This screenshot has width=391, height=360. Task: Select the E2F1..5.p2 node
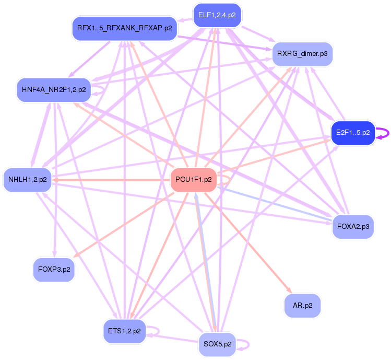tap(353, 133)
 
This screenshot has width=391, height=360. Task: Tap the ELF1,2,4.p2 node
tap(218, 16)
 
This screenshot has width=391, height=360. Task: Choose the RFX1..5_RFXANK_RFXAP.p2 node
tap(124, 28)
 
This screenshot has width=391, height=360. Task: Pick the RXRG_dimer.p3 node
tap(302, 54)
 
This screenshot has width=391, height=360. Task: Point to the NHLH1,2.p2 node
tap(28, 180)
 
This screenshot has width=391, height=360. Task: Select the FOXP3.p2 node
tap(54, 269)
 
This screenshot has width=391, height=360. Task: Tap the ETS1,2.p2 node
tap(124, 331)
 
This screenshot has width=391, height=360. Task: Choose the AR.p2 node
tap(302, 306)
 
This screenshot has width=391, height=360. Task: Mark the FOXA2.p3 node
tap(353, 227)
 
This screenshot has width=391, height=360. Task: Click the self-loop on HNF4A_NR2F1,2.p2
tap(99, 89)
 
